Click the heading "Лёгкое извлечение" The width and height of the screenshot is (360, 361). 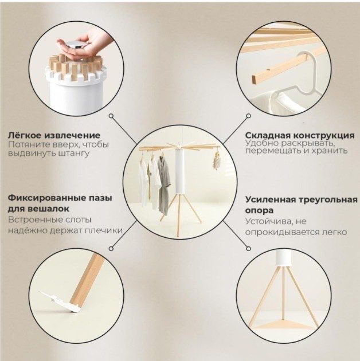click(x=54, y=135)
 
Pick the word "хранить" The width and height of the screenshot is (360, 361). click(x=330, y=151)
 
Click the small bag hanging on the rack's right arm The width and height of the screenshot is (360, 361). click(x=216, y=163)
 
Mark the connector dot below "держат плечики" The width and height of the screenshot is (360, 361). click(x=111, y=248)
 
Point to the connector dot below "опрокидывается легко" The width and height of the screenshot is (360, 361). click(x=247, y=248)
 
